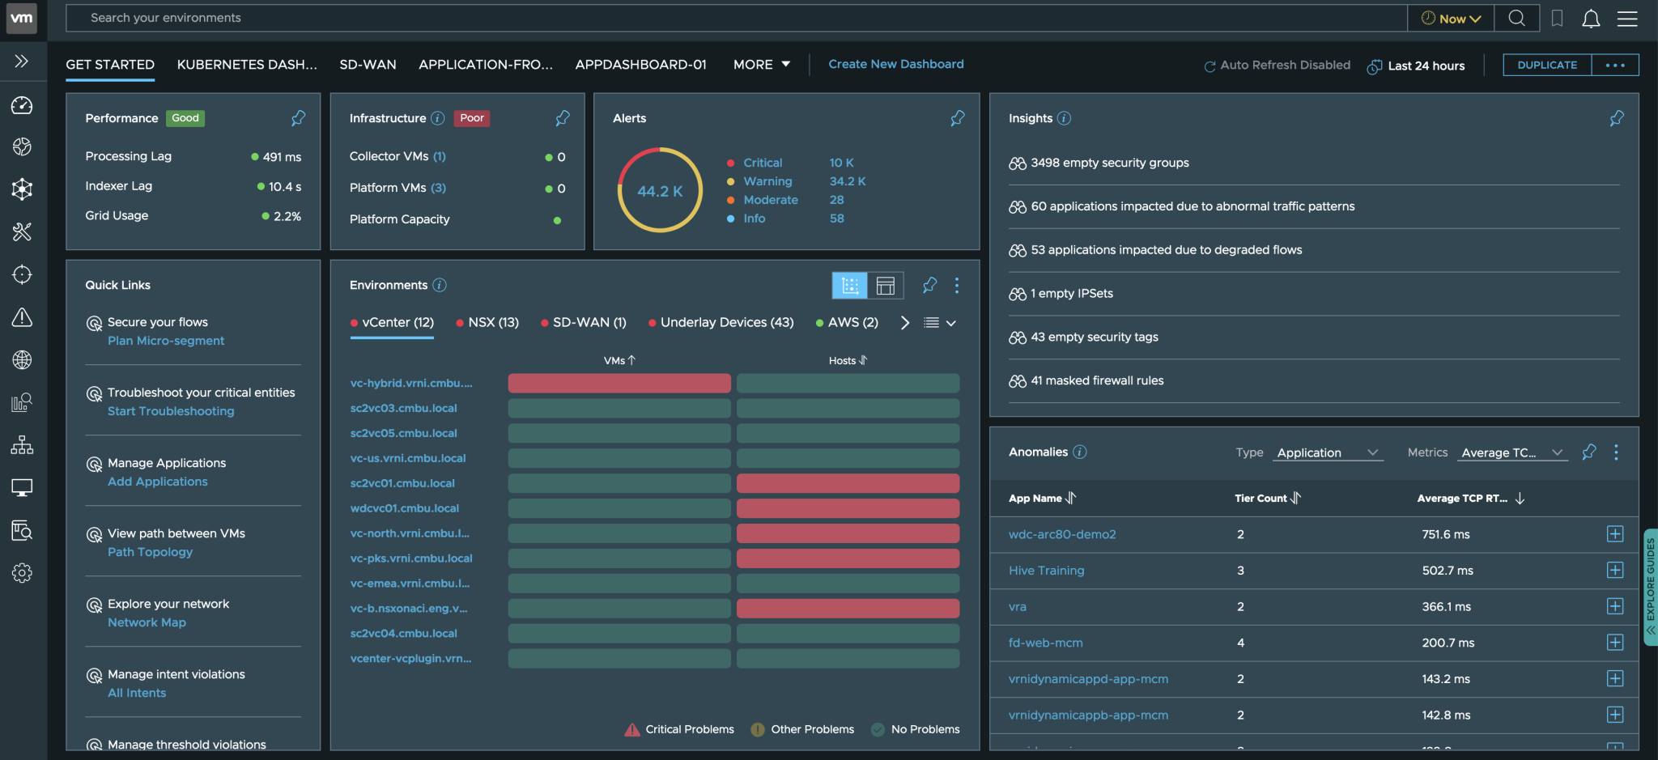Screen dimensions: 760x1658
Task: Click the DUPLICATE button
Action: [x=1546, y=65]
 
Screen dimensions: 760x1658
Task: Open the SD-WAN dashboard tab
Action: [x=368, y=65]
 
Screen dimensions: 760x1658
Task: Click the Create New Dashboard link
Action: [x=895, y=64]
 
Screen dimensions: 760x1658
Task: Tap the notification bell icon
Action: [x=1590, y=19]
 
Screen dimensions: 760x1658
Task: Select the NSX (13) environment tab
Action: [x=492, y=322]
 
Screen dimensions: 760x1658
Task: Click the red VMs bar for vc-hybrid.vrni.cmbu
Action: [x=619, y=383]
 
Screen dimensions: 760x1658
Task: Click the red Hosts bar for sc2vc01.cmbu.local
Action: [x=848, y=483]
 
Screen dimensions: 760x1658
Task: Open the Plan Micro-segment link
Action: [x=166, y=341]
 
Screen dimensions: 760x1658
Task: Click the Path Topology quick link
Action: [x=150, y=552]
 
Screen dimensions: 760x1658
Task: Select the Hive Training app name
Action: [x=1046, y=571]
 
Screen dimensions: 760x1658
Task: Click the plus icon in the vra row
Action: [x=1614, y=606]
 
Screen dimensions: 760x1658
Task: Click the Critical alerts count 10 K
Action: [x=841, y=163]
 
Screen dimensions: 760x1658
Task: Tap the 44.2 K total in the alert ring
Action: [x=660, y=191]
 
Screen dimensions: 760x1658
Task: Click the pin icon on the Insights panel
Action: [x=1616, y=118]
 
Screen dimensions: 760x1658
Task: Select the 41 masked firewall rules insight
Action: [x=1096, y=380]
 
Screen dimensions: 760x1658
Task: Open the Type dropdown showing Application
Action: [x=1327, y=452]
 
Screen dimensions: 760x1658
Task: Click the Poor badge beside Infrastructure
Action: [x=471, y=118]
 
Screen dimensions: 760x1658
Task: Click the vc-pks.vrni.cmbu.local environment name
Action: [x=410, y=558]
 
